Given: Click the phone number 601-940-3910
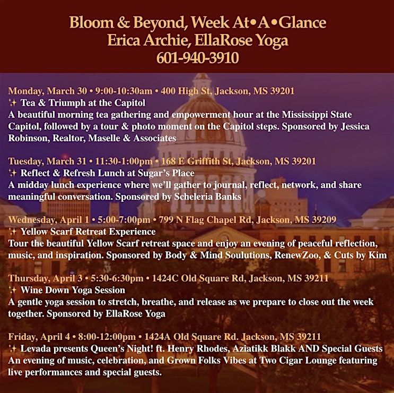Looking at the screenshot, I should click(x=197, y=57).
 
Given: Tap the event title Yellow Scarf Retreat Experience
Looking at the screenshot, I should click(x=88, y=232).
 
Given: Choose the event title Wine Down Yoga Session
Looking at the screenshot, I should click(x=73, y=290).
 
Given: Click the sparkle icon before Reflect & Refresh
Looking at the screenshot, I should click(x=13, y=173).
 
